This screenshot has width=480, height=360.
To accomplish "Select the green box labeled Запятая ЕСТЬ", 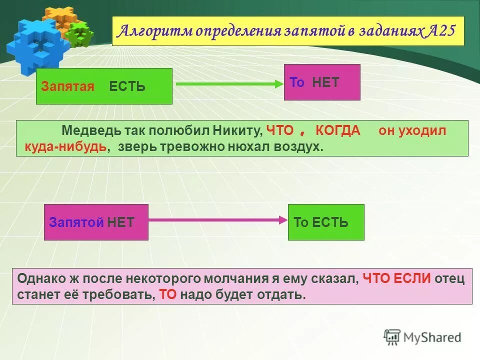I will coord(104,86).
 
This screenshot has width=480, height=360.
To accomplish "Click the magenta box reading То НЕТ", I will coord(322,82).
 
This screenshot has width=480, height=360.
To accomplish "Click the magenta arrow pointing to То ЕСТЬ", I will coord(217,219).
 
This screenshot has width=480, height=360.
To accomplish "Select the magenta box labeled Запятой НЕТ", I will coord(96,222).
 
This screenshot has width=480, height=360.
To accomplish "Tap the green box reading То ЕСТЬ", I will coord(326,222).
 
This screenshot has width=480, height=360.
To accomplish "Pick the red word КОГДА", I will coord(337,131).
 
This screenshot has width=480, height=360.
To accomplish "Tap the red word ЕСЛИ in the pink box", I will coord(412,278).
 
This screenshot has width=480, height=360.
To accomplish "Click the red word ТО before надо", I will coord(168,294).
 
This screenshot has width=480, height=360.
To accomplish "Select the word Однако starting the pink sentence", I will coord(37,278).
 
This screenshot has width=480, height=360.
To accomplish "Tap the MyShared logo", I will coord(422,337).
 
